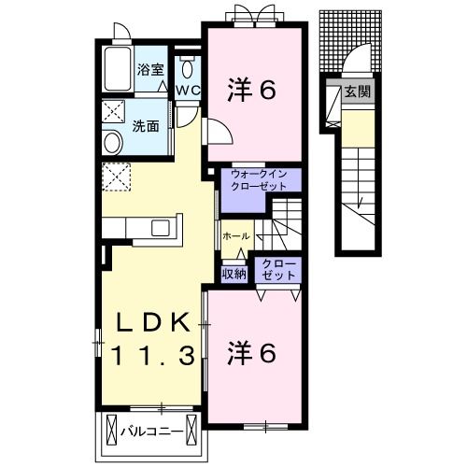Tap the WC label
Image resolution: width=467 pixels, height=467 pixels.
pyautogui.click(x=187, y=91)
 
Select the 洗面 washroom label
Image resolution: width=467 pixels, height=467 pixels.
pyautogui.click(x=144, y=125)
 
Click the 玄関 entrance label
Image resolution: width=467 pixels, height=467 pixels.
pyautogui.click(x=356, y=92)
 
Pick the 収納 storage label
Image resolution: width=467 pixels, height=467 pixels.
pyautogui.click(x=233, y=274)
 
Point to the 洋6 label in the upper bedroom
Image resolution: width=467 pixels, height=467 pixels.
pyautogui.click(x=252, y=90)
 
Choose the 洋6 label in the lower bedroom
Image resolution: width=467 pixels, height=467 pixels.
pyautogui.click(x=252, y=353)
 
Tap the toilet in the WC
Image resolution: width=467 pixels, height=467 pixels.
pyautogui.click(x=187, y=68)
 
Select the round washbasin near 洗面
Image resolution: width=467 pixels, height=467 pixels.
pyautogui.click(x=112, y=143)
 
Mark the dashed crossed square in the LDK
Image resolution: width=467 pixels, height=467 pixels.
pyautogui.click(x=117, y=177)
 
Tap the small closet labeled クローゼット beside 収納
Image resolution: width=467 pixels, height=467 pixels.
pyautogui.click(x=276, y=271)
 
